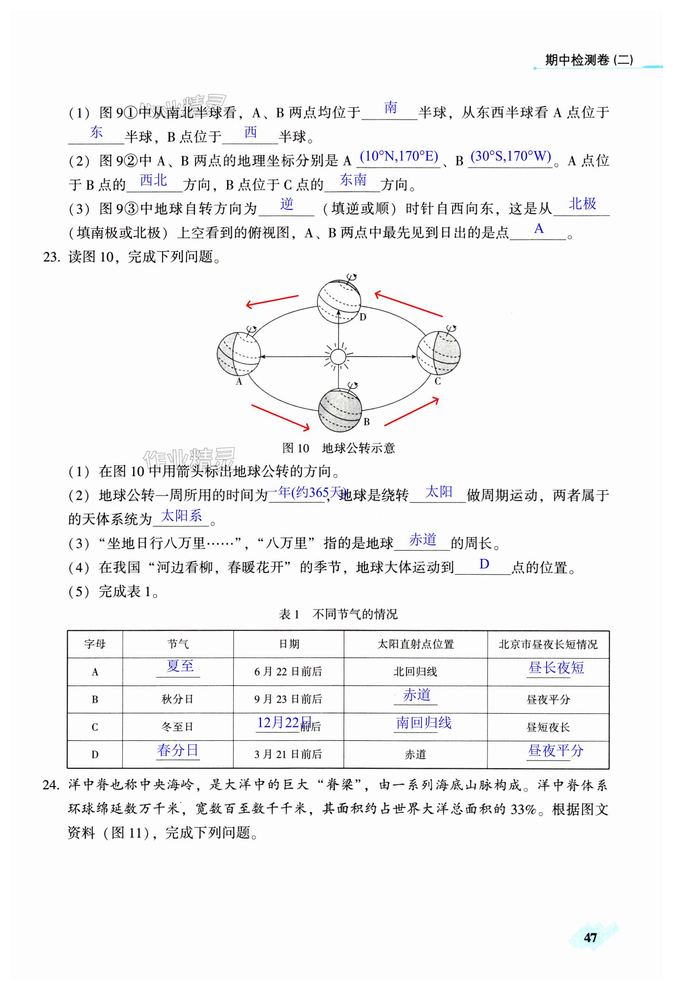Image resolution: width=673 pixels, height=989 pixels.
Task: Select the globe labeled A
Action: click(x=239, y=354)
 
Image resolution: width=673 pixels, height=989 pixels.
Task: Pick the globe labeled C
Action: click(x=438, y=353)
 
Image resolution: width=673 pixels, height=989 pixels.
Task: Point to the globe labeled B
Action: click(x=340, y=410)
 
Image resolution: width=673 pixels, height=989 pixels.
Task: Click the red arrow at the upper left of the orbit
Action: click(x=272, y=301)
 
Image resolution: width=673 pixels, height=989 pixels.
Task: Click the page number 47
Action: click(x=590, y=937)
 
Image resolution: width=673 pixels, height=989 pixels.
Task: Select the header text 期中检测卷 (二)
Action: click(x=589, y=60)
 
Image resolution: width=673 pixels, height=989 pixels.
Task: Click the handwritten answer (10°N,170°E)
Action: click(x=399, y=156)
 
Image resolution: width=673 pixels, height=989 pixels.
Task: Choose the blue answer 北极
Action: click(x=582, y=204)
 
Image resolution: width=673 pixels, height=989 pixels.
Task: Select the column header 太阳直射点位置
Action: click(x=415, y=644)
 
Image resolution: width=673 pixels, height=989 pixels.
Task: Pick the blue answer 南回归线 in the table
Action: click(x=423, y=723)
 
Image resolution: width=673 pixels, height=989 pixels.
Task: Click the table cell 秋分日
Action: click(x=178, y=699)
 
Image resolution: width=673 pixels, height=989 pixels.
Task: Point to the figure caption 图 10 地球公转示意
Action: click(x=338, y=448)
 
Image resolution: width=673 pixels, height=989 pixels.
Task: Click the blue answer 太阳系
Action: click(x=181, y=516)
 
